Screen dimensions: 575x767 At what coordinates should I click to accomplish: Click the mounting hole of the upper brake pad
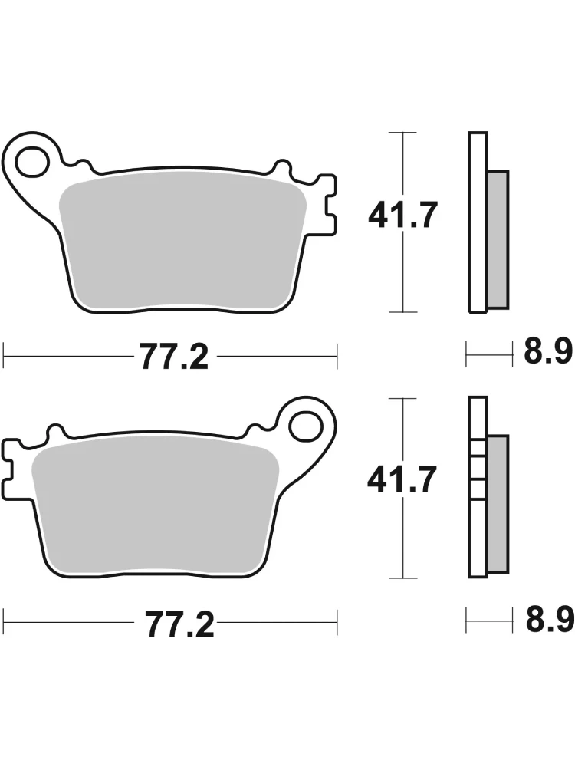point(32,161)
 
